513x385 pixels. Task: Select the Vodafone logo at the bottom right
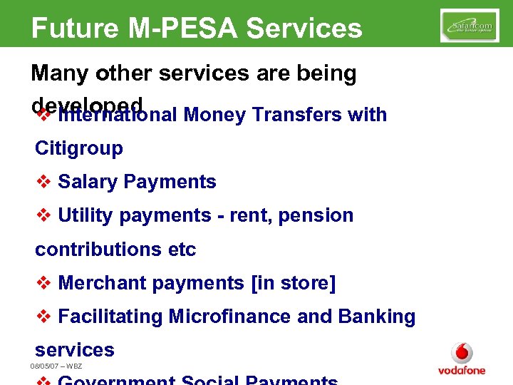[x=462, y=359]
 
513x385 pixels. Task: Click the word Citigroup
[x=79, y=148]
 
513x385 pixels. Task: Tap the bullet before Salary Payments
[x=43, y=182]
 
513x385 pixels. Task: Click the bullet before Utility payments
[x=43, y=215]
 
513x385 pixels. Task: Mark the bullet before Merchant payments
[x=43, y=283]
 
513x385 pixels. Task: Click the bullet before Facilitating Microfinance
[x=43, y=317]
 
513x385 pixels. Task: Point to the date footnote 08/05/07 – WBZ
[x=56, y=366]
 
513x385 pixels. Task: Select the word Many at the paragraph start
[x=57, y=73]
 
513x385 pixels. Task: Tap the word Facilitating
[x=110, y=317]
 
